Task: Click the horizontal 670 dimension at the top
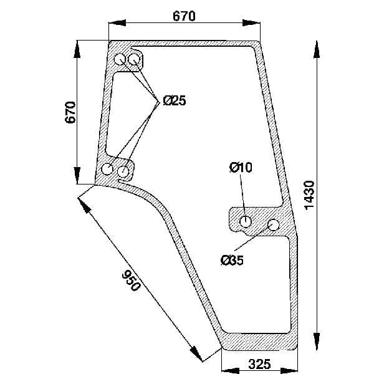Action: (x=184, y=16)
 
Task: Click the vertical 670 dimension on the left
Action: (x=70, y=112)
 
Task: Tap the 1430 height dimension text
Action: (x=310, y=195)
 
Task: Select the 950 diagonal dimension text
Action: (x=131, y=280)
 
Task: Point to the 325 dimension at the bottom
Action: (x=259, y=364)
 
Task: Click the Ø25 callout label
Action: (x=175, y=100)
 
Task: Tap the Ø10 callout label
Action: (x=241, y=167)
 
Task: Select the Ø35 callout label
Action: (x=232, y=260)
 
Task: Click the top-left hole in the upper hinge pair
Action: (x=120, y=59)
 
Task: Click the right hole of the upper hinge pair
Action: (x=134, y=59)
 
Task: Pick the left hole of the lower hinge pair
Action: (x=107, y=169)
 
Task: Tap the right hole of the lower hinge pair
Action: (x=123, y=171)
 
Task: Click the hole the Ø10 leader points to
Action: (x=245, y=222)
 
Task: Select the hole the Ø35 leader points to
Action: (x=274, y=224)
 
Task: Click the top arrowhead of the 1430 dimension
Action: (x=317, y=49)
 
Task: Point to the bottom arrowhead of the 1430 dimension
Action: (x=317, y=341)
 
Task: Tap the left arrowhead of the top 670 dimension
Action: (x=117, y=23)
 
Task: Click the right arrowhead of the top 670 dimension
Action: (x=251, y=23)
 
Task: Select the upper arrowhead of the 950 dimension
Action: (x=85, y=205)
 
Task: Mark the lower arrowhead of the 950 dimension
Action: (x=196, y=353)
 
